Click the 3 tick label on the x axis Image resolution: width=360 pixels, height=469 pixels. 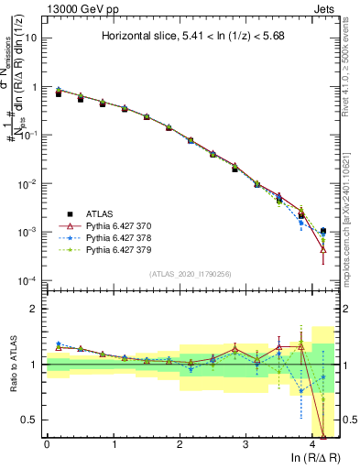tap(246, 444)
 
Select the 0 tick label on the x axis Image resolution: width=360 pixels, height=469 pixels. tap(47, 444)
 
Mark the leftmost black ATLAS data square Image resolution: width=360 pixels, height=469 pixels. tap(59, 93)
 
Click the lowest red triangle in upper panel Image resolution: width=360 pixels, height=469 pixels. tap(323, 249)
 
